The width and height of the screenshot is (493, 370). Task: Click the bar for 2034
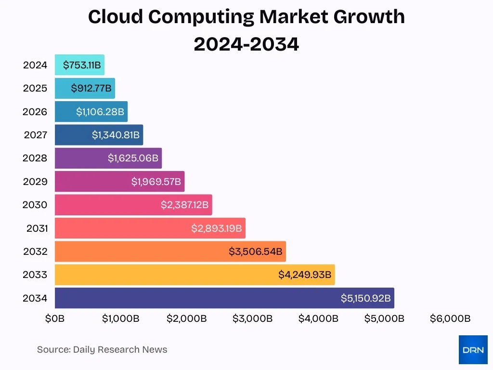click(x=224, y=298)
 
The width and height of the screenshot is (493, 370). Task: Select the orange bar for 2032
click(x=170, y=251)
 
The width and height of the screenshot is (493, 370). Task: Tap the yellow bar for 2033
click(x=195, y=275)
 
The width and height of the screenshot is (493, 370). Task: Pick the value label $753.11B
click(x=82, y=65)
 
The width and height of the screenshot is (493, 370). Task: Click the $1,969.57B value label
click(x=156, y=182)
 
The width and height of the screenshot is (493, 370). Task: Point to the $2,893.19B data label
click(x=216, y=228)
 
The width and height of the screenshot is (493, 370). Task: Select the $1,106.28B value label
click(x=100, y=112)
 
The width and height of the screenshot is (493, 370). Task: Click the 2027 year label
click(x=35, y=135)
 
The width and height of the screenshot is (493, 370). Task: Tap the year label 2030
click(x=35, y=205)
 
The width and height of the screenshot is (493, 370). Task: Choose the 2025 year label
click(x=35, y=88)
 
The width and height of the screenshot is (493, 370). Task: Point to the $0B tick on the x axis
click(x=55, y=318)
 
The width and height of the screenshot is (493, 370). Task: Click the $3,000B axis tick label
click(x=252, y=318)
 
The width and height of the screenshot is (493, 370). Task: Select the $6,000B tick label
click(x=450, y=318)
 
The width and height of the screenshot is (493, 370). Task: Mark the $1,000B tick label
click(x=120, y=318)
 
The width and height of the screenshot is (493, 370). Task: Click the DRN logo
click(x=473, y=350)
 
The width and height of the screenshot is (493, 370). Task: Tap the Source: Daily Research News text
click(x=102, y=350)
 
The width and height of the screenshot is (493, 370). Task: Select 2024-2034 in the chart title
click(x=246, y=44)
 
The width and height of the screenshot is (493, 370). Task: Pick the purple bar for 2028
click(x=108, y=158)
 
